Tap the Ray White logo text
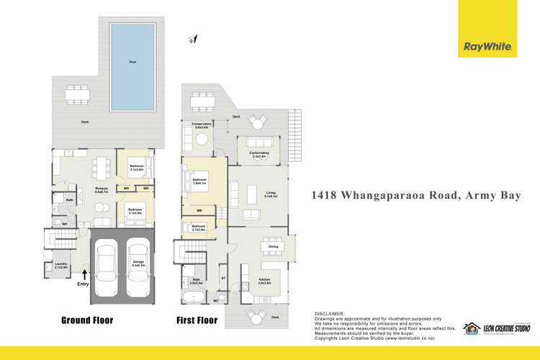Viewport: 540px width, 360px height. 487,47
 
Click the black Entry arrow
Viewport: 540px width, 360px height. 86,274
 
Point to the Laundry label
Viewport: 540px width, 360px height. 60,266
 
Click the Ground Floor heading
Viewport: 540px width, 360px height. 87,320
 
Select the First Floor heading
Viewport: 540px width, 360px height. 197,320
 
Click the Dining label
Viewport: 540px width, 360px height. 274,246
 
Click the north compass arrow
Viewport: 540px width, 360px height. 194,40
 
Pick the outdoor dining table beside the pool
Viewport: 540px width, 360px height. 76,94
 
